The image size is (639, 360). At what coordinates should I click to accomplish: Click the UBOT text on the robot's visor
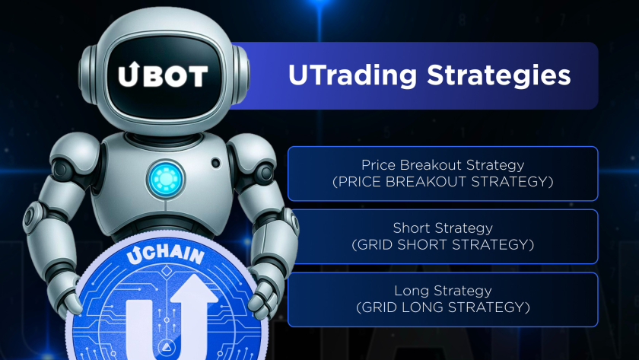point(162,75)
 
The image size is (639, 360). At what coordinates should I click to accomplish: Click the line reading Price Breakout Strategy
point(443,164)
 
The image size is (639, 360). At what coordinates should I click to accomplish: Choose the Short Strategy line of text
point(443,228)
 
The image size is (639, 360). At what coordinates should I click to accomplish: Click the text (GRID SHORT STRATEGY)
point(443,245)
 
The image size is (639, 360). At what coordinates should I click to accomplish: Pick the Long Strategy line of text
point(443,291)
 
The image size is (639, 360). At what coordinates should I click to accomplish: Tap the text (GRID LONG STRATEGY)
point(443,308)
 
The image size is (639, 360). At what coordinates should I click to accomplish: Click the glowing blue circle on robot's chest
point(162,177)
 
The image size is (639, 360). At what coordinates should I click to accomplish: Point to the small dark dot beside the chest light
point(215,162)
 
